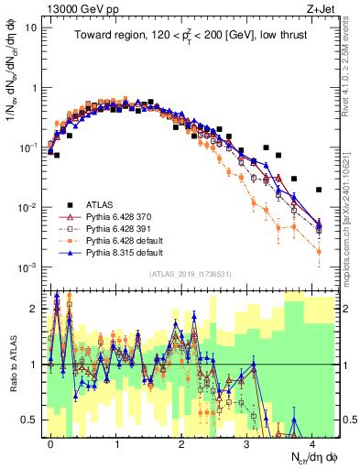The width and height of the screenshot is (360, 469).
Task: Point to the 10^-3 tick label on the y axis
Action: (28, 267)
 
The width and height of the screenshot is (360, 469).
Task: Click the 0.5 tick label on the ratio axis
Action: (30, 420)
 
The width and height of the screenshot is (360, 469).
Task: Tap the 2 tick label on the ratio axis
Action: (35, 308)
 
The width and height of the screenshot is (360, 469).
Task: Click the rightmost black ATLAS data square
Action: (319, 190)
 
